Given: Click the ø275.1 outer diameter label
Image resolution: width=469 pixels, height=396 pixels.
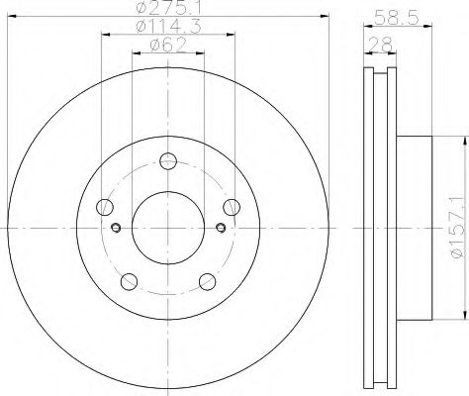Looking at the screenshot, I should point(167,9).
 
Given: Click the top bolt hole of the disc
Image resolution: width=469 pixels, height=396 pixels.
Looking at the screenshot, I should point(167,159).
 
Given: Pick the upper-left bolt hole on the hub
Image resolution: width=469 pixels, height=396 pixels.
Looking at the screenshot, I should point(106,207).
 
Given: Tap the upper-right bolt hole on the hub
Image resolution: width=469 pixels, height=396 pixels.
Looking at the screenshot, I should point(231,206).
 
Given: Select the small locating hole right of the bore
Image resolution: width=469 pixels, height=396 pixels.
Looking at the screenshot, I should point(220,229).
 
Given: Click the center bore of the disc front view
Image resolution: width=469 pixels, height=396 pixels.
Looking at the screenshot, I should point(167,228).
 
